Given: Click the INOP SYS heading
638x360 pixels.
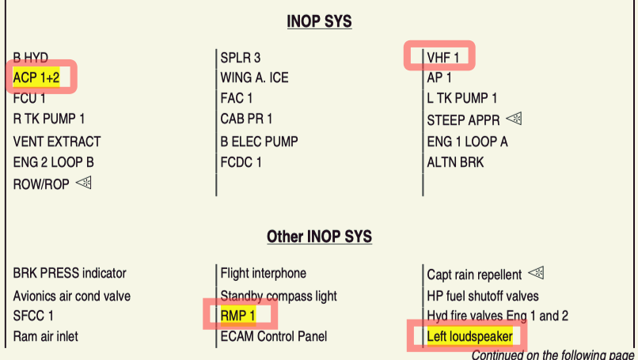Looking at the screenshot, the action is tap(319, 21).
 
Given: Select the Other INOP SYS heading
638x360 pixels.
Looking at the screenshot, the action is tap(319, 236).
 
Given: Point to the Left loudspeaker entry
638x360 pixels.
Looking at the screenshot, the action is tap(469, 336).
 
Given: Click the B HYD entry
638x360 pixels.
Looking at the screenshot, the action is tap(31, 58).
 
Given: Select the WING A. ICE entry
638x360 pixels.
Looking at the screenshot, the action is tap(254, 78).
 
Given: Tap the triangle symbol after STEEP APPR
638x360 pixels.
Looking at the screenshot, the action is tap(514, 119).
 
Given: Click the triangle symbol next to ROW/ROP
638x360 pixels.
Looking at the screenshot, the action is tap(83, 183).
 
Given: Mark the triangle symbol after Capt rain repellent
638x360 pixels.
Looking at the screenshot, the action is tap(536, 273).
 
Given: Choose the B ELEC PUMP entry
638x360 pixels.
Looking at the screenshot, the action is tap(259, 142).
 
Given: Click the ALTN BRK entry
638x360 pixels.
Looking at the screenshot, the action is tap(455, 162).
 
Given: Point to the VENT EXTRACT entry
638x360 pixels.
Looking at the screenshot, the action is tap(57, 142).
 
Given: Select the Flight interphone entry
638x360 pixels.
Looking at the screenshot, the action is tap(263, 273).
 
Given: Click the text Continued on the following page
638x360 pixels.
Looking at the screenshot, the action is tap(554, 354).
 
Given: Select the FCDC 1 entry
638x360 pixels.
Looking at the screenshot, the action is tap(241, 162).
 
